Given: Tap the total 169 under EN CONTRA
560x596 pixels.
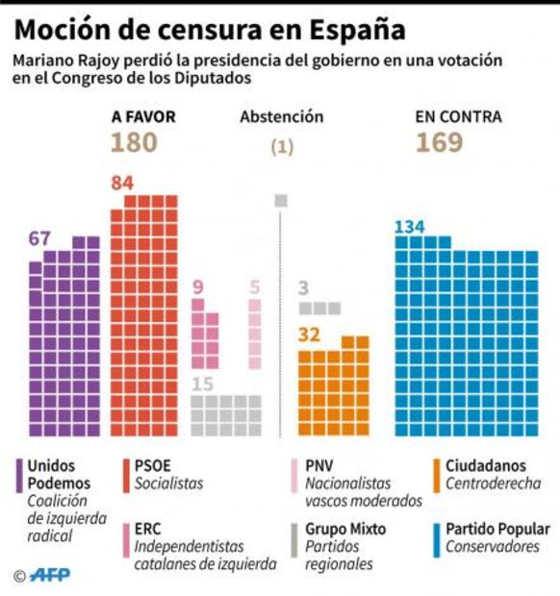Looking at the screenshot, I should pyautogui.click(x=440, y=143).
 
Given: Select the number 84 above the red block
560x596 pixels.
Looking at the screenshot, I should pyautogui.click(x=122, y=183).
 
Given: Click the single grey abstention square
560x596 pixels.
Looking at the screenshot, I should pyautogui.click(x=281, y=200).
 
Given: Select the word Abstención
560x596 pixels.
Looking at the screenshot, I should pyautogui.click(x=281, y=117).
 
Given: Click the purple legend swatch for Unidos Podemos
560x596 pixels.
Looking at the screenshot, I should pyautogui.click(x=18, y=475).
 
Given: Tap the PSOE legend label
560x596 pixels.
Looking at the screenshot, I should pyautogui.click(x=153, y=465).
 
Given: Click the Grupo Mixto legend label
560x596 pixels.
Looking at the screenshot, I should pyautogui.click(x=345, y=529).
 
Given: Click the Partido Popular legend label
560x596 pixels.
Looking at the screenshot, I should pyautogui.click(x=497, y=529).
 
